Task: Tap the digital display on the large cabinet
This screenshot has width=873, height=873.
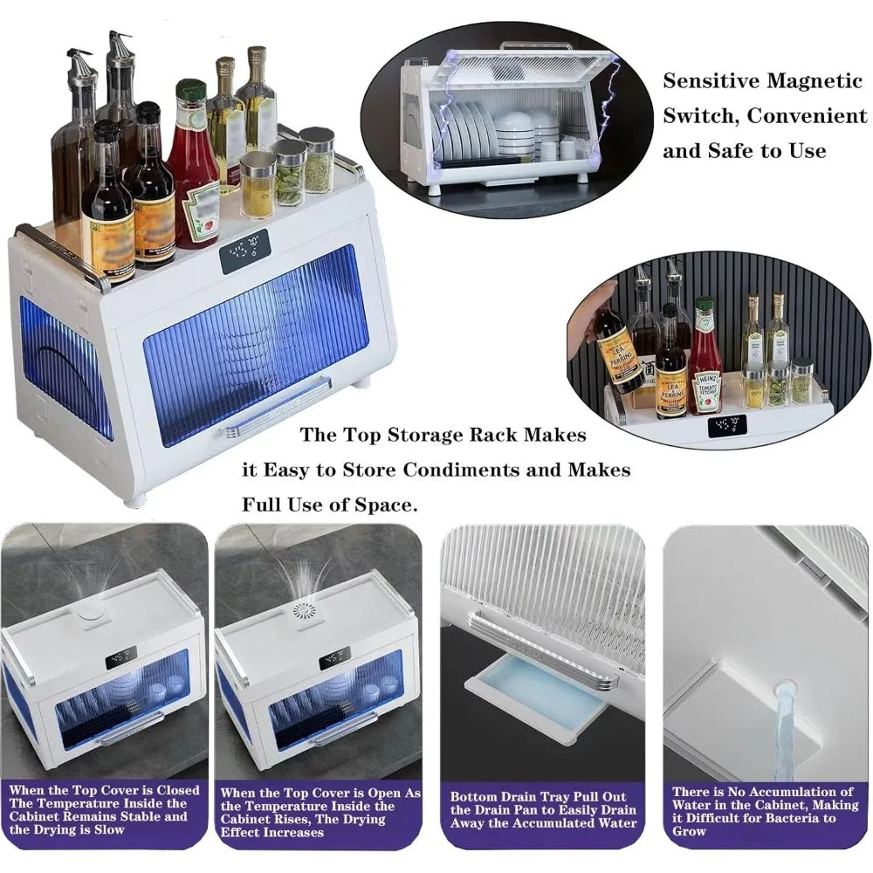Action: point(245,251)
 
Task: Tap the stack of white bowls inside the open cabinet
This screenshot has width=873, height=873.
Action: point(515,136)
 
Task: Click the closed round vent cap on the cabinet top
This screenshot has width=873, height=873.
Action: point(89,614)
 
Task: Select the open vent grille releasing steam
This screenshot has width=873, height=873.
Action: point(304,610)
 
